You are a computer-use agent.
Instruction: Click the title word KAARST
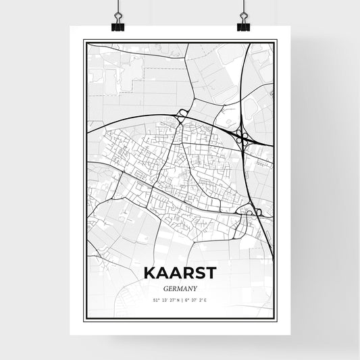tap(180, 273)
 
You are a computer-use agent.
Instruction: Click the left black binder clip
tap(118, 24)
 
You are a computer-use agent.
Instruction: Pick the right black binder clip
tap(242, 24)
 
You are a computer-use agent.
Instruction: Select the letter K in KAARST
tap(149, 273)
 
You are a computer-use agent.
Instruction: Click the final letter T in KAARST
tap(211, 273)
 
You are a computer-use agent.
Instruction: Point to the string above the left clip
tap(118, 7)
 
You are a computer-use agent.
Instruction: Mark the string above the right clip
tap(242, 7)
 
